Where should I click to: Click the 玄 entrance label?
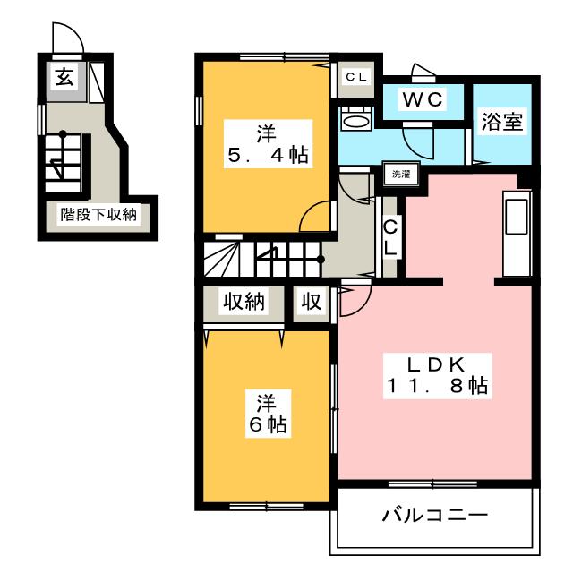click(x=64, y=78)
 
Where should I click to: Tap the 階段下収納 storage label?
click(x=98, y=215)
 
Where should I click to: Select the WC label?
click(x=423, y=98)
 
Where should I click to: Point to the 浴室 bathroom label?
click(x=501, y=122)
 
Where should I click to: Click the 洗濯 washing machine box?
click(x=400, y=175)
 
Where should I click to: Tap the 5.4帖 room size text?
click(x=269, y=155)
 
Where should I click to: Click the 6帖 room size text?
click(x=268, y=423)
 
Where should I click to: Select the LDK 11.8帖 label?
click(x=437, y=374)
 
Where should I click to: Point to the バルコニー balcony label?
click(x=435, y=516)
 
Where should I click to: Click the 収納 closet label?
click(x=244, y=302)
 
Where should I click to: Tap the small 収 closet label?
click(x=312, y=302)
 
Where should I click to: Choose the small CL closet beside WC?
click(x=356, y=77)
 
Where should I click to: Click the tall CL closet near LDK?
click(x=390, y=239)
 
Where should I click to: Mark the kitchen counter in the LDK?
click(x=517, y=233)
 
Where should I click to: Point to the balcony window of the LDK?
click(x=432, y=484)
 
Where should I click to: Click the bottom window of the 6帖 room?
click(x=267, y=507)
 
